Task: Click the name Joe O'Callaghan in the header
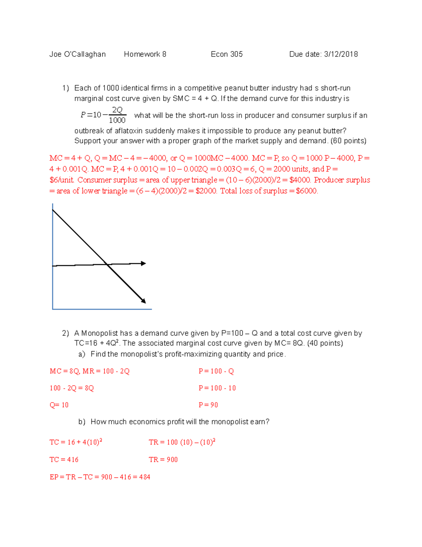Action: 77,54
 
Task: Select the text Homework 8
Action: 145,54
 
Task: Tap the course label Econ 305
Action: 226,54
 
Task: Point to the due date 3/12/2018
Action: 341,54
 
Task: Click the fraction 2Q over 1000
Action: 117,115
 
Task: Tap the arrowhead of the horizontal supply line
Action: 143,263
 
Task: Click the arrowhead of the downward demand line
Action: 143,301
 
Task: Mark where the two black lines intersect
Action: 107,264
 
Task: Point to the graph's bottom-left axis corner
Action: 53,309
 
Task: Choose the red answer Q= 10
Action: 59,405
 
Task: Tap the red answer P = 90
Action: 208,405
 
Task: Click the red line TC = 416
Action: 64,460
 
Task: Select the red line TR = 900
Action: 163,460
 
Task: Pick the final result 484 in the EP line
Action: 145,477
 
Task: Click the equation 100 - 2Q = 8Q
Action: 72,388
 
